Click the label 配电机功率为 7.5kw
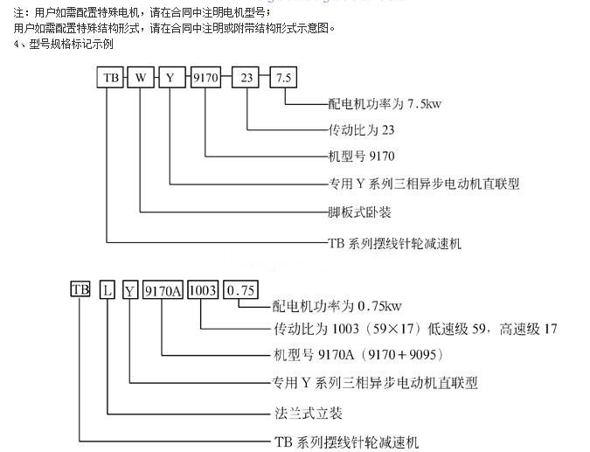385,103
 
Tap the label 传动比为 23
361,130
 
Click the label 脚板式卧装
359,212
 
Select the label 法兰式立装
309,414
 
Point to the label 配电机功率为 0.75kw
337,306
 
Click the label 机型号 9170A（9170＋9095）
359,355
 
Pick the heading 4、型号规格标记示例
64,44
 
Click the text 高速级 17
528,330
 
